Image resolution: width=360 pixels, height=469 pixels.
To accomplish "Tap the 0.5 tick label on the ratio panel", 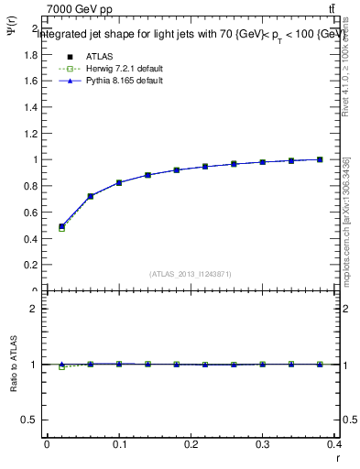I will (31, 420).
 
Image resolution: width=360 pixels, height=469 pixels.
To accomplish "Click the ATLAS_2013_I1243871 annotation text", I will (191, 274).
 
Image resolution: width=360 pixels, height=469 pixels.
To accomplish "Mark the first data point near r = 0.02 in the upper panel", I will (61, 226).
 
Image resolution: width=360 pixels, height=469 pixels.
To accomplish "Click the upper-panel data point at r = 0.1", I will (119, 182).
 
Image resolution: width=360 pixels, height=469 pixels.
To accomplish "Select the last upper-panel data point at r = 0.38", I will (321, 159).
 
